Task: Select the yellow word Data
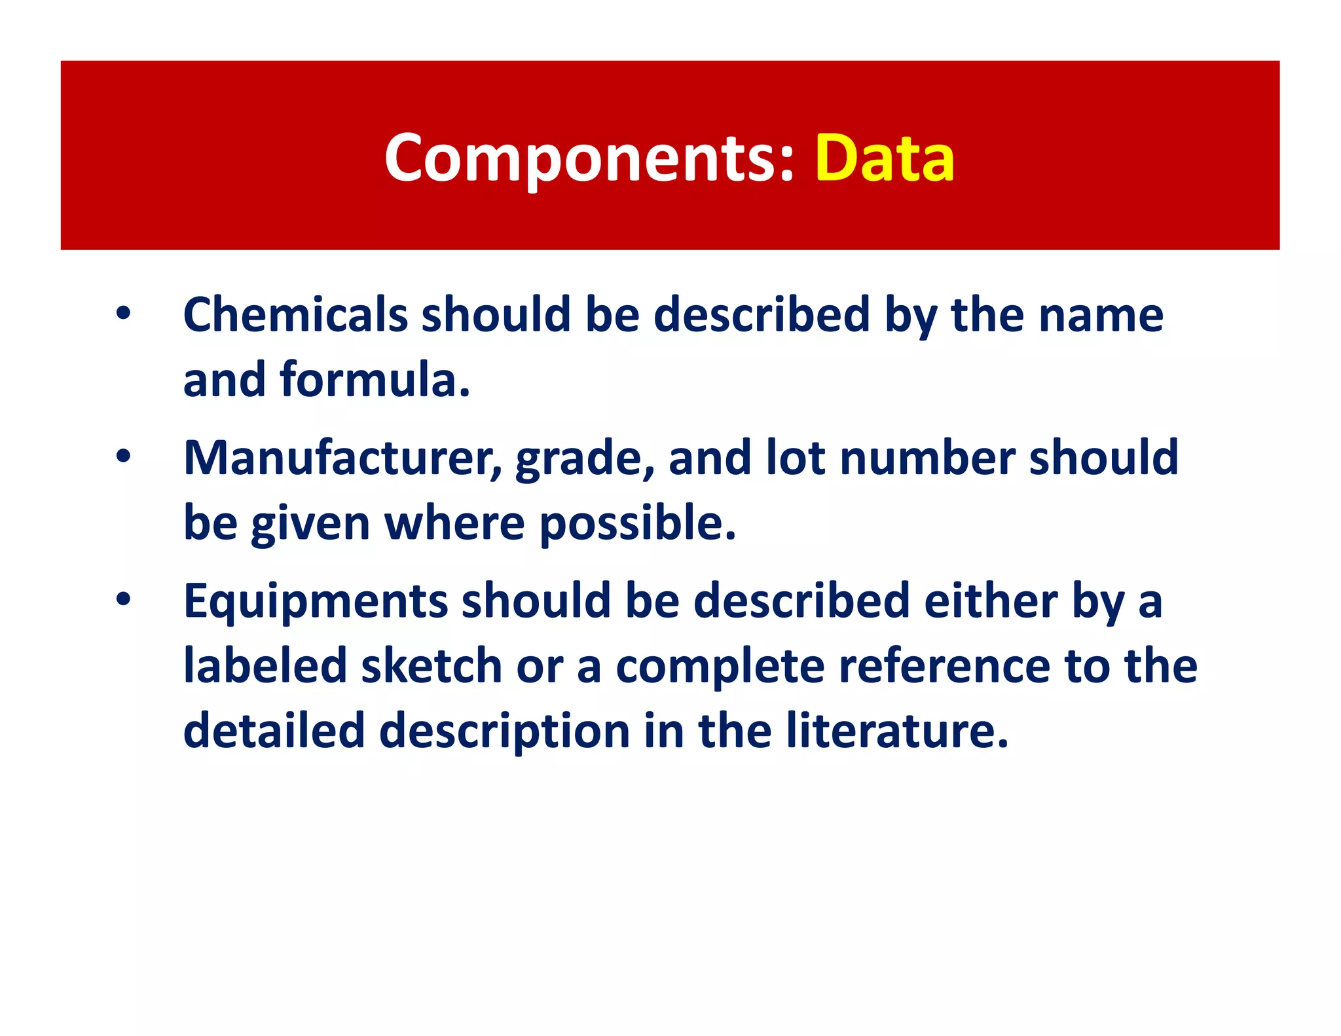pyautogui.click(x=885, y=158)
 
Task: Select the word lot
pyautogui.click(x=795, y=458)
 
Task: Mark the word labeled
pyautogui.click(x=265, y=666)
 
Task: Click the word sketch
pyautogui.click(x=431, y=666)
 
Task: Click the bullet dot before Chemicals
pyautogui.click(x=123, y=314)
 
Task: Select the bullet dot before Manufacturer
pyautogui.click(x=123, y=457)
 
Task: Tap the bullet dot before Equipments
pyautogui.click(x=123, y=600)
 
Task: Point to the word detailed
pyautogui.click(x=274, y=731)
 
